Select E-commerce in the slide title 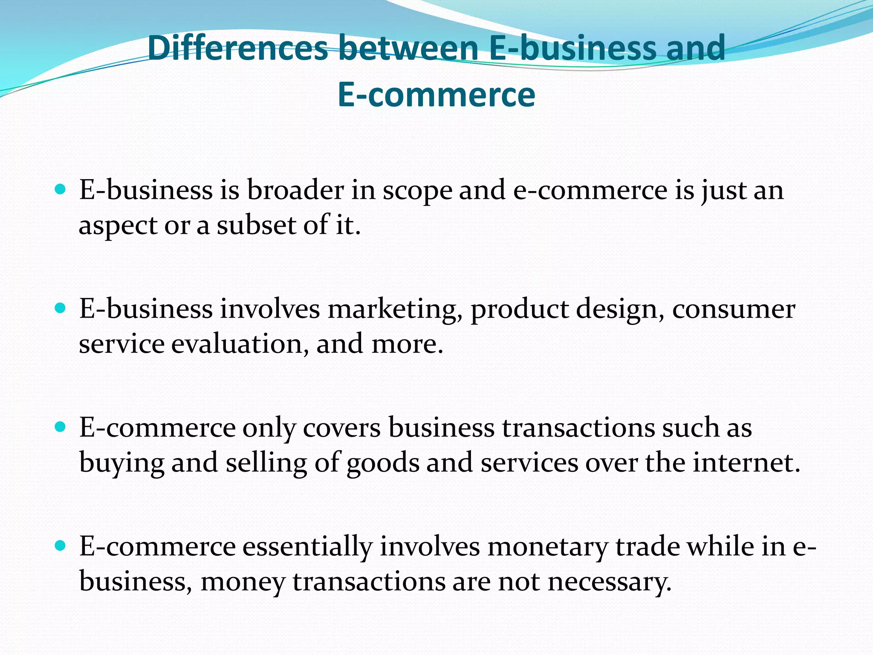[436, 95]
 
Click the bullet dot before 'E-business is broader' [61, 189]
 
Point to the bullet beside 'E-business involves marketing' [61, 308]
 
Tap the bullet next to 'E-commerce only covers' [61, 426]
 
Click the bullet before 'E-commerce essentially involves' [61, 545]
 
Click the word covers [341, 428]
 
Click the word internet [746, 463]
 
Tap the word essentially [307, 547]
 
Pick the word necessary [610, 582]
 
